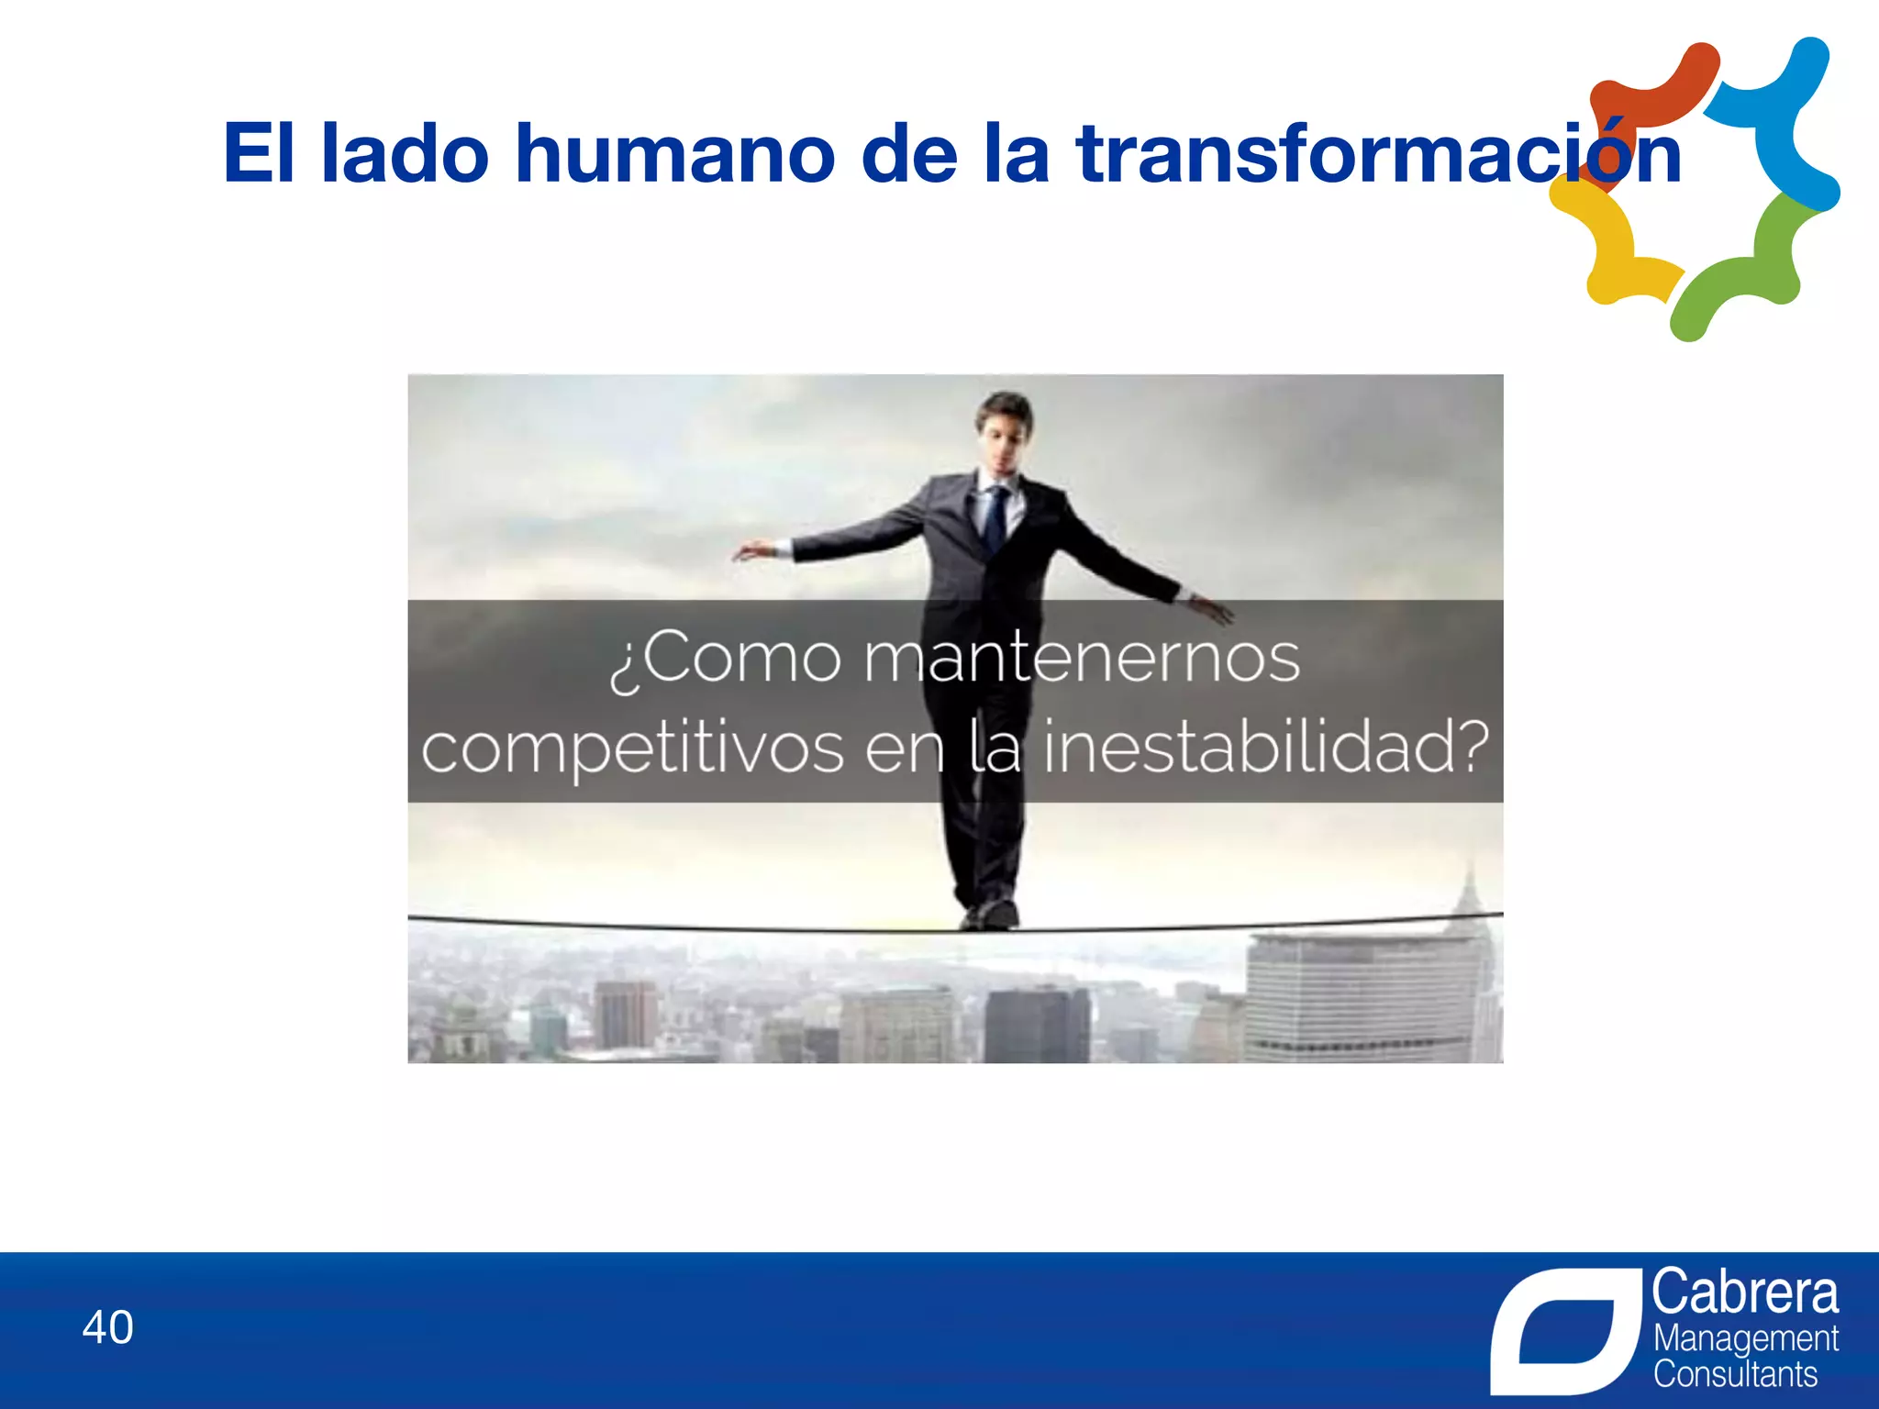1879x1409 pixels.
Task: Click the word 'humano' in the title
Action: click(x=674, y=153)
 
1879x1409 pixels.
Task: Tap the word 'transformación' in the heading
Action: click(x=1379, y=153)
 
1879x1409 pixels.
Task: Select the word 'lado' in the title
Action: click(x=404, y=153)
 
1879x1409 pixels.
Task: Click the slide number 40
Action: click(x=107, y=1327)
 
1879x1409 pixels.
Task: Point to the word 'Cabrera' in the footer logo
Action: click(x=1745, y=1293)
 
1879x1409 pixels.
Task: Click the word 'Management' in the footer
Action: click(x=1745, y=1339)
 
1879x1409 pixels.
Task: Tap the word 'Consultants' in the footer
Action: click(x=1735, y=1375)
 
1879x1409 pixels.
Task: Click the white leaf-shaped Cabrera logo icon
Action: click(x=1565, y=1330)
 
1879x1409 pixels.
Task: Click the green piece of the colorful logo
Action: click(x=1743, y=266)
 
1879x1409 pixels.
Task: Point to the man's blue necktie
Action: click(x=995, y=518)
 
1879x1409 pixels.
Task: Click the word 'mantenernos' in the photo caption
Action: click(x=1082, y=658)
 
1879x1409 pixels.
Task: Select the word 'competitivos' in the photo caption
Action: click(x=632, y=748)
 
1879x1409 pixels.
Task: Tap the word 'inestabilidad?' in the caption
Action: click(x=1266, y=748)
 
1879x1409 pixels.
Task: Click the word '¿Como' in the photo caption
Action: click(x=725, y=658)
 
